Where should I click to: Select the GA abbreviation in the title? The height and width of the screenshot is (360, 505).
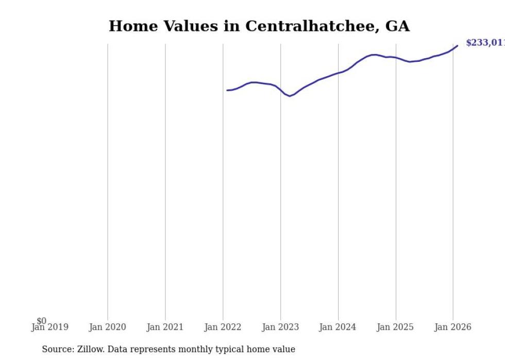point(397,26)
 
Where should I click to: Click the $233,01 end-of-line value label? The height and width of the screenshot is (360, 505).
point(485,43)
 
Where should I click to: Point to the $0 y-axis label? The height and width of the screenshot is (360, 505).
point(41,321)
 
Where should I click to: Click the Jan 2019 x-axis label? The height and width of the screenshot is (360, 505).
point(49,327)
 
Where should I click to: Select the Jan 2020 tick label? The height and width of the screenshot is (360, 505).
point(107,327)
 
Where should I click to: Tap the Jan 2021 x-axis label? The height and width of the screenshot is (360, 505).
point(165,327)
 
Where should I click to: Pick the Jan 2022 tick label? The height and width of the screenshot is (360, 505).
point(223,327)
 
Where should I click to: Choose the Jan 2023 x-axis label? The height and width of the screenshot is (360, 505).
point(280,327)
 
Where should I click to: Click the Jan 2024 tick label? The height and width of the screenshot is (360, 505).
point(338,327)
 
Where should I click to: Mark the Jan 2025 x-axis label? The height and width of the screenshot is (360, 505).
point(395,327)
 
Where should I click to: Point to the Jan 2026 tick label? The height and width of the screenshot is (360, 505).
point(453,327)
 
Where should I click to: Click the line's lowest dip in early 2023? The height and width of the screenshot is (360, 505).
point(290,96)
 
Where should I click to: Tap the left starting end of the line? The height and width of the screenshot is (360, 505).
point(227,90)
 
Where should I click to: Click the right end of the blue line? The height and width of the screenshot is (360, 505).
point(457,46)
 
